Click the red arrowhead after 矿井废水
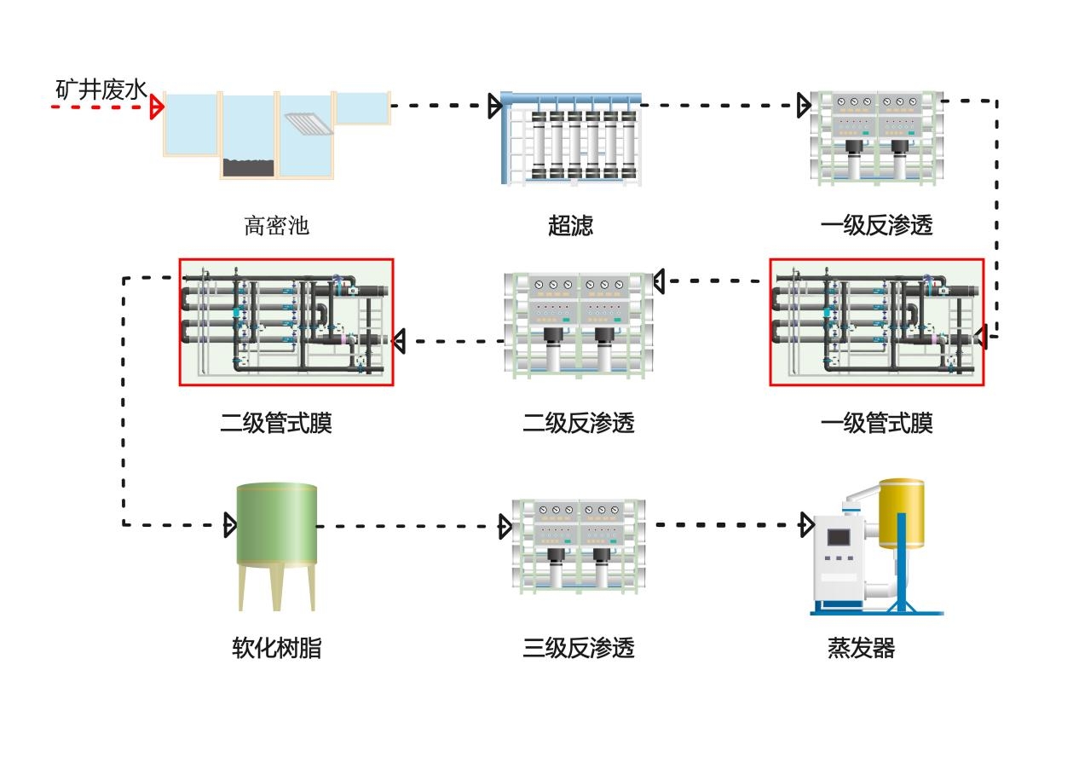(156, 107)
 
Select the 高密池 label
(276, 226)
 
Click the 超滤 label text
(570, 226)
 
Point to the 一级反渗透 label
(876, 226)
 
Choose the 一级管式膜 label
(876, 423)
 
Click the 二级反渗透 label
(578, 423)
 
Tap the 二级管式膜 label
(276, 423)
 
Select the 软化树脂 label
(276, 649)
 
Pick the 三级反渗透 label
(578, 649)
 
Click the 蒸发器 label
(861, 649)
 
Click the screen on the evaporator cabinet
(840, 537)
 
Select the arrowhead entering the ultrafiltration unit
(494, 107)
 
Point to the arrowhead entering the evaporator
(806, 524)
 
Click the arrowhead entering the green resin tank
(229, 524)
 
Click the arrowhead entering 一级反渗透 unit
(803, 106)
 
